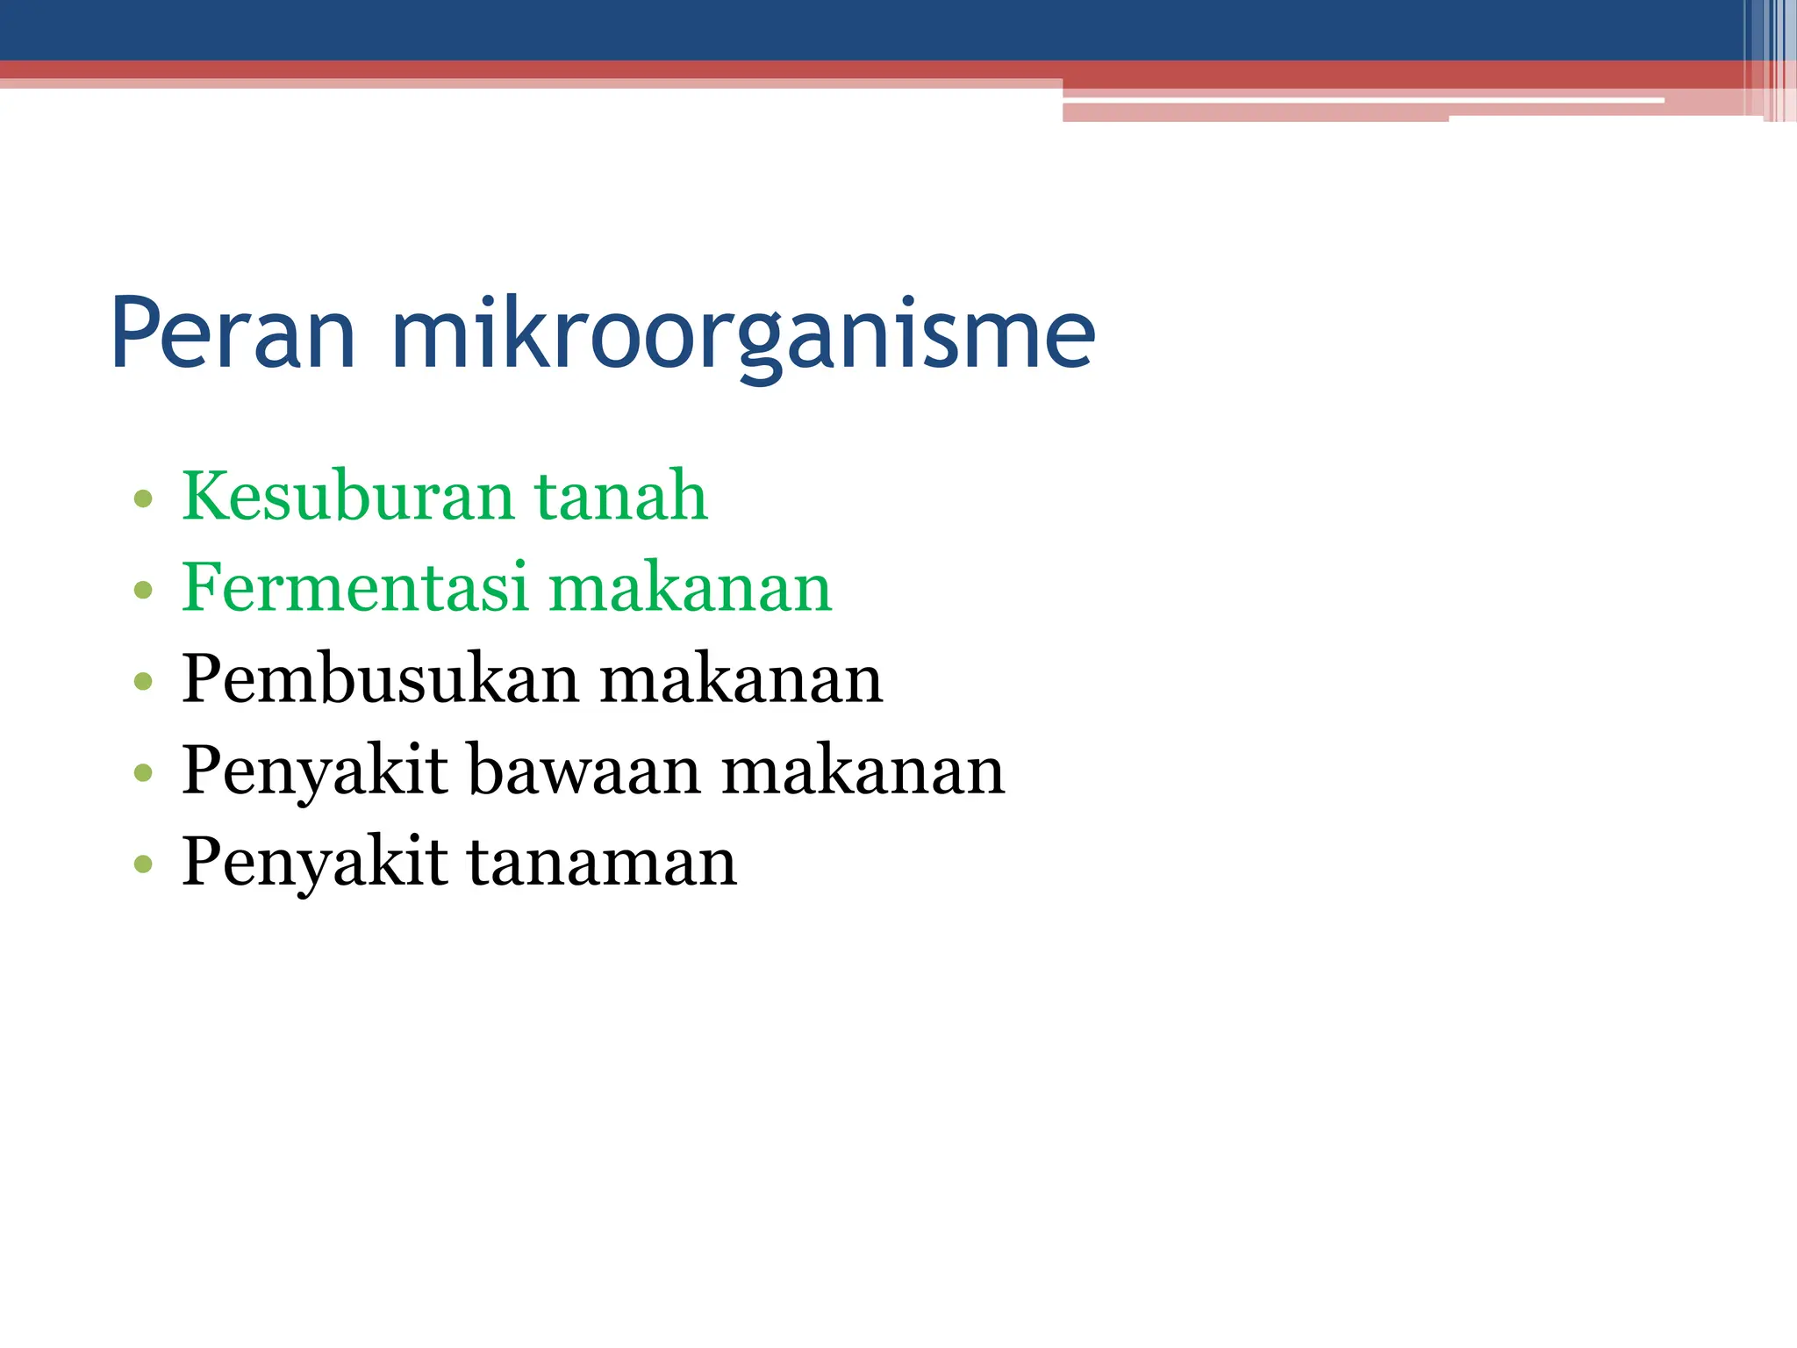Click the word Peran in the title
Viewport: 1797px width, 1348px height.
233,334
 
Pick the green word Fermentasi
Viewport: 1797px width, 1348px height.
354,587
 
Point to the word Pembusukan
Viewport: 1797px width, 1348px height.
380,679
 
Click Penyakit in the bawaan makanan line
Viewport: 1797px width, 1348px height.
315,772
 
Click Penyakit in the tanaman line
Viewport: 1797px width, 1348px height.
315,864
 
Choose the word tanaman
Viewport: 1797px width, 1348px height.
602,864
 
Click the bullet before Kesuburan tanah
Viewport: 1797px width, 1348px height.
143,500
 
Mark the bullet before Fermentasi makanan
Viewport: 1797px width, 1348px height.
143,591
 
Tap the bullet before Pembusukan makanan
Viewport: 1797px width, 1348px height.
143,682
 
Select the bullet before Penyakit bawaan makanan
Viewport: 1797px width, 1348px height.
143,773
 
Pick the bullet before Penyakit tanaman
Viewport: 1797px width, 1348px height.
143,864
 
